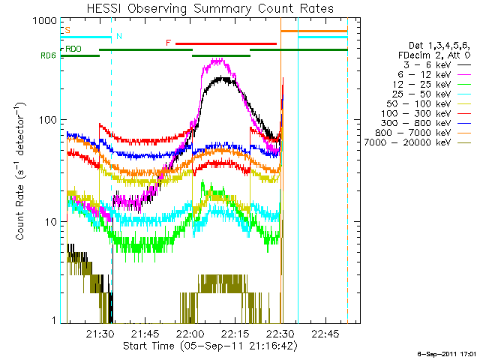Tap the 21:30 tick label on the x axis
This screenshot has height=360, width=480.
click(x=99, y=333)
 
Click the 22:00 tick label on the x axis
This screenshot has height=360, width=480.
click(x=190, y=333)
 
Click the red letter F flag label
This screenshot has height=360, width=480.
click(x=168, y=43)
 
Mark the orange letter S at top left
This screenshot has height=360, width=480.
click(x=68, y=30)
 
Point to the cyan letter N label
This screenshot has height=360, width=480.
click(x=118, y=36)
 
